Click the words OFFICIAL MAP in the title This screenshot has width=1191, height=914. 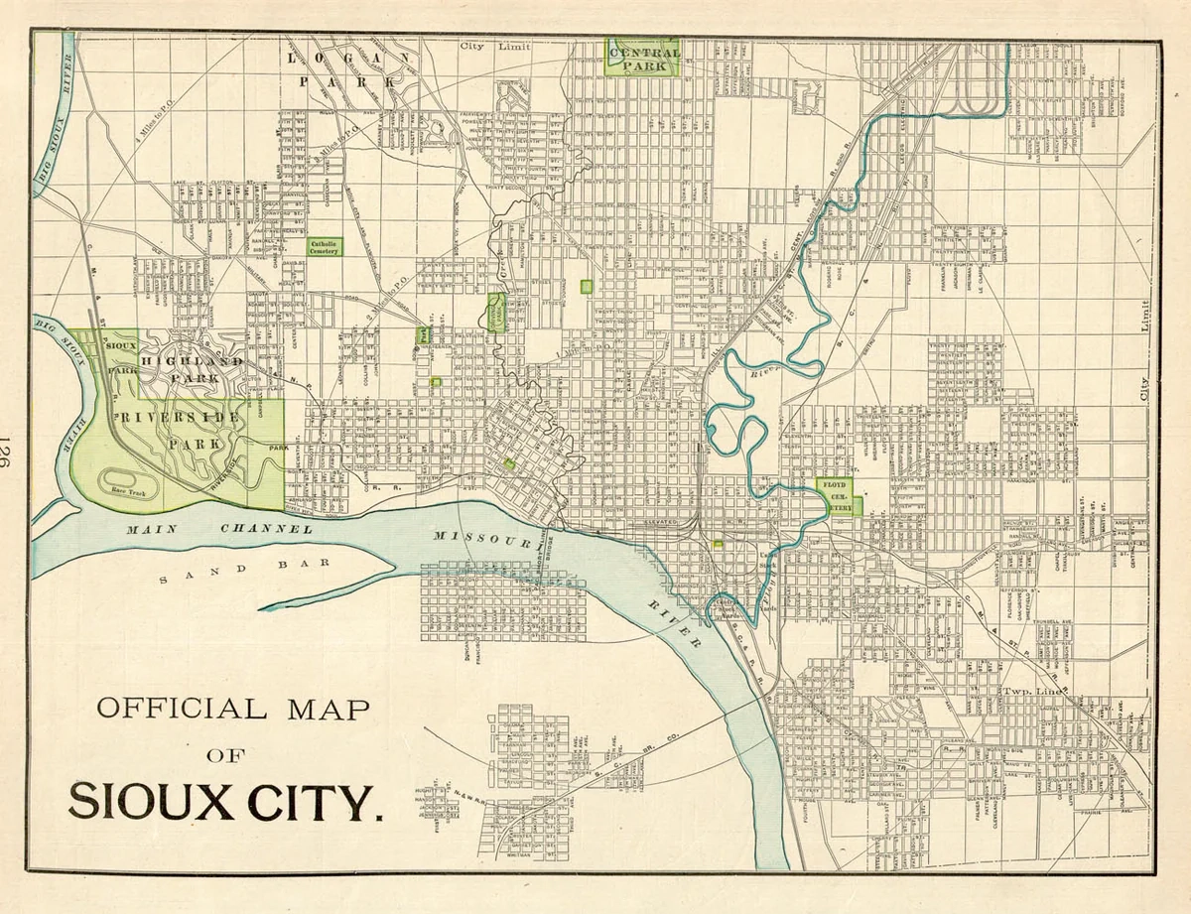(x=232, y=709)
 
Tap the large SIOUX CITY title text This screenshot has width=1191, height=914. (x=226, y=802)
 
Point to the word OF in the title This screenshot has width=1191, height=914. (x=227, y=755)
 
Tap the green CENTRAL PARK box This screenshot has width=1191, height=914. (x=643, y=59)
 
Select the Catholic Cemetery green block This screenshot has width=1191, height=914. (x=324, y=247)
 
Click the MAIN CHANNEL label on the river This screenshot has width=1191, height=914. (x=218, y=529)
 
